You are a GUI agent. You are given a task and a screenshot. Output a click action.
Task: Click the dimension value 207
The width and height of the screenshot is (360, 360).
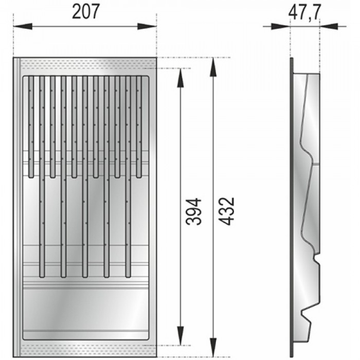tap(86, 12)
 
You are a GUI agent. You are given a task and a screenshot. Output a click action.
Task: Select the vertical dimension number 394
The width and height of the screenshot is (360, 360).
tap(193, 211)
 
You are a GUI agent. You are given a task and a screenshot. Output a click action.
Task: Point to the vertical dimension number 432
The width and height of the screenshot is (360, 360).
tap(226, 211)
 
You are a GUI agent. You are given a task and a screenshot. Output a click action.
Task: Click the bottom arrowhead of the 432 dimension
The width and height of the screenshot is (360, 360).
tap(212, 351)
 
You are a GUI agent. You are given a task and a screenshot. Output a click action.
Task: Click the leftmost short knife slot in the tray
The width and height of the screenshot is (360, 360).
tap(31, 126)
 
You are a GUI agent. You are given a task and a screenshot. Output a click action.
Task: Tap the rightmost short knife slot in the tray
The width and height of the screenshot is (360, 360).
tap(139, 126)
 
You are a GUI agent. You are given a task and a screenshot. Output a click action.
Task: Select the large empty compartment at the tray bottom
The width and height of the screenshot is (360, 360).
tap(85, 309)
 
